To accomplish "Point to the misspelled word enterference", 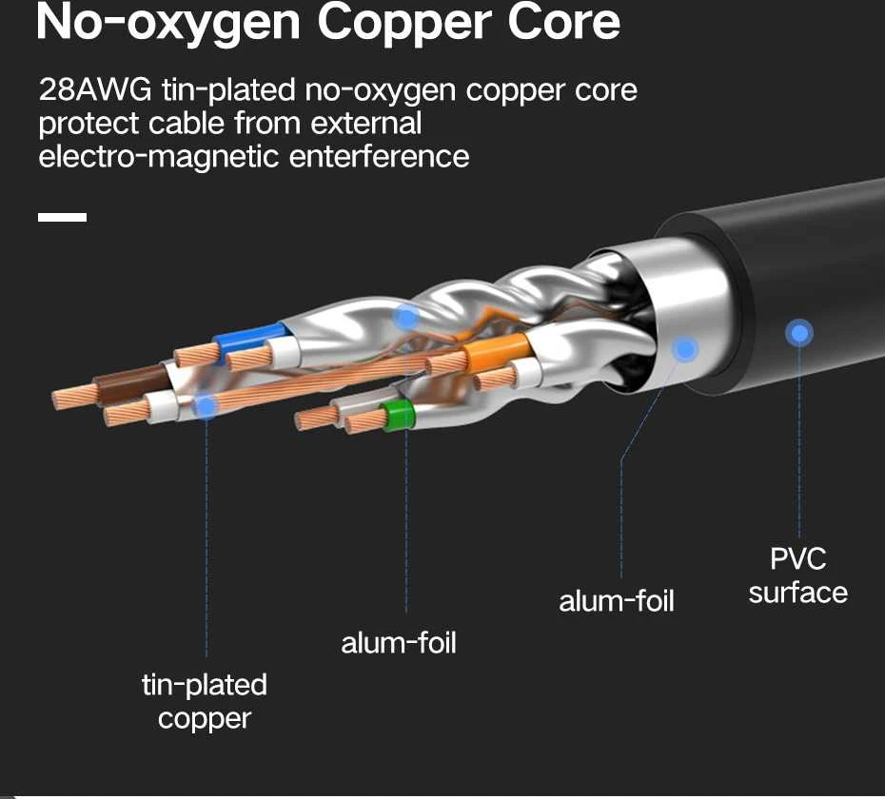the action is (379, 156).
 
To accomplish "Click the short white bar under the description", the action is (62, 217).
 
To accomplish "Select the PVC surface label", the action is (798, 575).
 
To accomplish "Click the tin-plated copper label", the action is (205, 702).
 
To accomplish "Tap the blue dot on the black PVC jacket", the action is (798, 334).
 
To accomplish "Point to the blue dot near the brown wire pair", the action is (206, 406).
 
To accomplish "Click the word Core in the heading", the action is (564, 23).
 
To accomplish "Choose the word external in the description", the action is (365, 123).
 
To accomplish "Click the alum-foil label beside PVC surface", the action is (617, 601).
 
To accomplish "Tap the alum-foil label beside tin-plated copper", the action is (399, 643).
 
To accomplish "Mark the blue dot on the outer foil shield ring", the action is (685, 350).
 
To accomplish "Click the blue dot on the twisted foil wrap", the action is (405, 319).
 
